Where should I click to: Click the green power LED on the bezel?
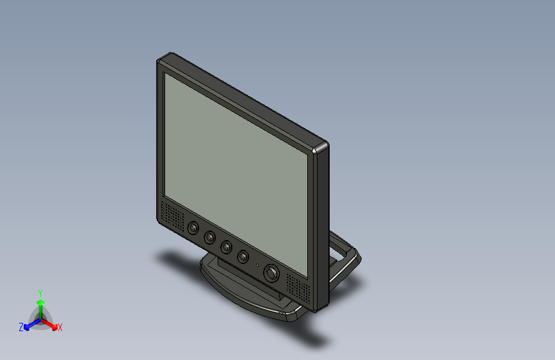click(257, 265)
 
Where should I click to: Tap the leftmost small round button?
click(193, 228)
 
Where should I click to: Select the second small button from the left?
click(209, 238)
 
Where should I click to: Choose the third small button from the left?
click(226, 247)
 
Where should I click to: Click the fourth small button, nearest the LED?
click(243, 257)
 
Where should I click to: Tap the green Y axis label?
click(40, 292)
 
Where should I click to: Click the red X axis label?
click(60, 327)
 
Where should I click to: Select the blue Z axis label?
click(21, 327)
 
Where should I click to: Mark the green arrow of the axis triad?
click(40, 305)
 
